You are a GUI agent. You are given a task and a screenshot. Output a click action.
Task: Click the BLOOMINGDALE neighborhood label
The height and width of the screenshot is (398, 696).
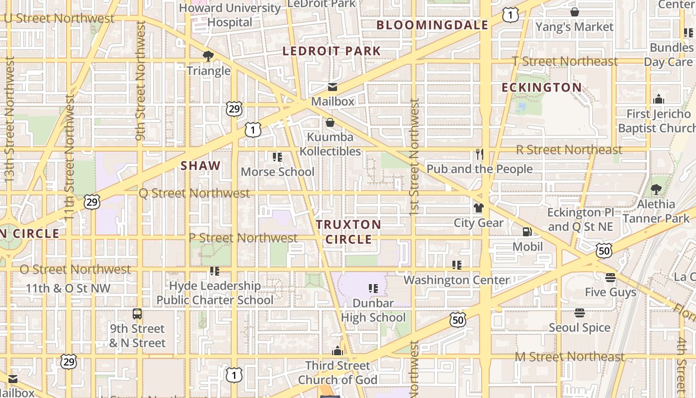(x=432, y=25)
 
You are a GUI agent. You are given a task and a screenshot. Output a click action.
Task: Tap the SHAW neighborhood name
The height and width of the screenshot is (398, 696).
(x=200, y=166)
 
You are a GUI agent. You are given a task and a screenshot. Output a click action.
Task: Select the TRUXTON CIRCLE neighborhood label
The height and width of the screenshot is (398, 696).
(x=348, y=232)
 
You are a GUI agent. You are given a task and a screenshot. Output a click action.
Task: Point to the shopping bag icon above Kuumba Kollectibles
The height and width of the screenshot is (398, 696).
(x=330, y=122)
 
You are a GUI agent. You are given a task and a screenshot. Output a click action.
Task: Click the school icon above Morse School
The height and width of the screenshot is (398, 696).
(x=277, y=157)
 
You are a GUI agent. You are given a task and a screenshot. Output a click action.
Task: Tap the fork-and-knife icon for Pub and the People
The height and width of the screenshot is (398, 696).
(x=479, y=154)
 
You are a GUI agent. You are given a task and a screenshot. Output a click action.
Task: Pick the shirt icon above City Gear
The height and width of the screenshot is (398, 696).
(x=478, y=208)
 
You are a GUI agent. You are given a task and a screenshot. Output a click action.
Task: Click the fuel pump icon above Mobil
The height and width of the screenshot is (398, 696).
(x=527, y=232)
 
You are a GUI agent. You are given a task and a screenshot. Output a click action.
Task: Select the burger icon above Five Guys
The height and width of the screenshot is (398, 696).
(x=610, y=277)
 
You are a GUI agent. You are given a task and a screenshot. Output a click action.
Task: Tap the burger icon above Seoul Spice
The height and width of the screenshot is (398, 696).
(x=579, y=313)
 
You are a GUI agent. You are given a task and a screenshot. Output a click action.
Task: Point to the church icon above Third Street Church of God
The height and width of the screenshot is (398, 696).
(x=338, y=351)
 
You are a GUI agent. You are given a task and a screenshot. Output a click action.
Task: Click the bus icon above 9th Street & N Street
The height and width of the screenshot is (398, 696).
(x=137, y=314)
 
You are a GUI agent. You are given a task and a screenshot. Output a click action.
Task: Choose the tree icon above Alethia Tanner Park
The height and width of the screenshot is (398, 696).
(x=656, y=190)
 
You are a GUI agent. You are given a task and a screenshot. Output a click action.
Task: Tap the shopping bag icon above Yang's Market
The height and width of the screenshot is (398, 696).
(x=574, y=12)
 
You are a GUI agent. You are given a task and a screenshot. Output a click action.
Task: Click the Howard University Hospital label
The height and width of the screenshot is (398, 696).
(x=230, y=15)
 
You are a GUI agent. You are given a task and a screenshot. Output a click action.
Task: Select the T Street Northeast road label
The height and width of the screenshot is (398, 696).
(x=565, y=61)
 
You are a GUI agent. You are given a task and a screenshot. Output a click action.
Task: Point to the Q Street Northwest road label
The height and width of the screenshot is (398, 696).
(x=194, y=193)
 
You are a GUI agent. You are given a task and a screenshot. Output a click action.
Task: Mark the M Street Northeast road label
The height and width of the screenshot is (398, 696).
(x=570, y=357)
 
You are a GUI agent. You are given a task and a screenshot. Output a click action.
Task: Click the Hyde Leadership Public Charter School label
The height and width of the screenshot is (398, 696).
(x=215, y=293)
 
